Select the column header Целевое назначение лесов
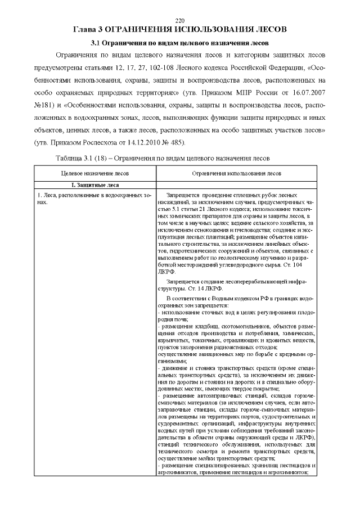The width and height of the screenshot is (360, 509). [91, 174]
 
